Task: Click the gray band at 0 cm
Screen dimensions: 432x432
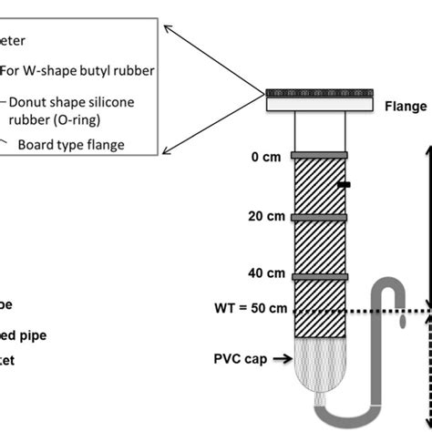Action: pyautogui.click(x=320, y=156)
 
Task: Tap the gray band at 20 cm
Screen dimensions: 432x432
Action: pyautogui.click(x=320, y=217)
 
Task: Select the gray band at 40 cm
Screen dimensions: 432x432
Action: pyautogui.click(x=320, y=274)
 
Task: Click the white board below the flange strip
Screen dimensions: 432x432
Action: pyautogui.click(x=317, y=106)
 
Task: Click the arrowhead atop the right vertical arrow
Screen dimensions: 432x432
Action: pyautogui.click(x=425, y=149)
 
